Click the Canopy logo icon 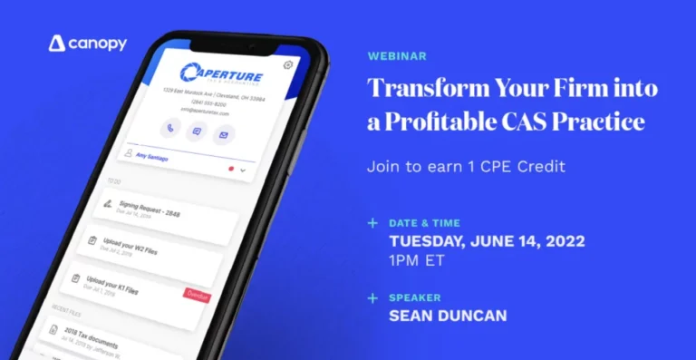pos(56,43)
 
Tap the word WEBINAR pos(397,56)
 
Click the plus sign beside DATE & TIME pos(372,223)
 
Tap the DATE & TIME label pos(424,223)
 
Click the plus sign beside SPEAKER pos(372,297)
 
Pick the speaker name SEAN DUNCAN pos(447,316)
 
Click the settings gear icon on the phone pos(288,64)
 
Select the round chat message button pos(196,131)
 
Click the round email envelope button pos(223,135)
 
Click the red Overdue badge pos(197,296)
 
